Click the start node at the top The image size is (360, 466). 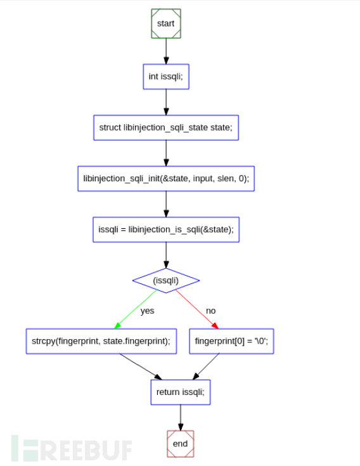pos(165,23)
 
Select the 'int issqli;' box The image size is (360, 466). pos(165,77)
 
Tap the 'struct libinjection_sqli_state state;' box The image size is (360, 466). pos(165,127)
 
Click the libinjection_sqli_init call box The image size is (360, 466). pos(165,179)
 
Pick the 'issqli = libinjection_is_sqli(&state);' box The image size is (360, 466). pos(165,230)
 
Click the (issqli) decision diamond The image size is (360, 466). pos(165,280)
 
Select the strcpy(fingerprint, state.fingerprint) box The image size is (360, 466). pos(100,341)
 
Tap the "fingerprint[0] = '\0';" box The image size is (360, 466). pos(231,341)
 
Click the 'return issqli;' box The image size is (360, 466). pos(180,392)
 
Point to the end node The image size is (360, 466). pos(180,443)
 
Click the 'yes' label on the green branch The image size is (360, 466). pos(147,311)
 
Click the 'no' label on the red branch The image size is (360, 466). pos(210,311)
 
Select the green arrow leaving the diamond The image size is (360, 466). pos(136,309)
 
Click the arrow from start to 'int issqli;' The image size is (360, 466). pos(165,51)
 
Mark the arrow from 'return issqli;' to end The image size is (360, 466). pos(180,417)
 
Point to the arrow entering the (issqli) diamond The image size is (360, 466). pos(165,255)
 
